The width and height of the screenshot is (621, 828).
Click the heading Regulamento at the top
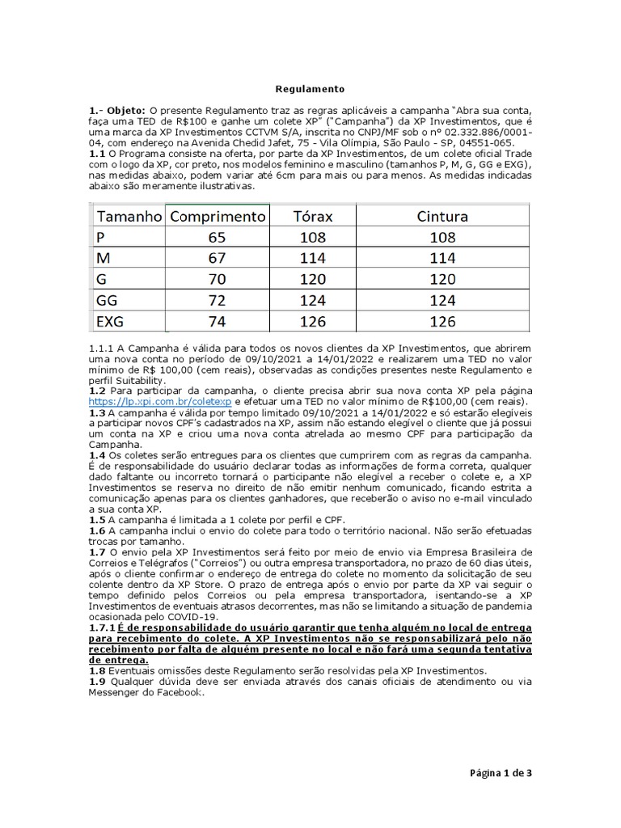(310, 89)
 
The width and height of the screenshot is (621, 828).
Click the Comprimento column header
(218, 217)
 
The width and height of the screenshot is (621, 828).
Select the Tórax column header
(312, 217)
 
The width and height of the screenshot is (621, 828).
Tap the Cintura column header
(442, 217)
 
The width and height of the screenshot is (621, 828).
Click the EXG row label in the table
(110, 321)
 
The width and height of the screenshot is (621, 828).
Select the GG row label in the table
(107, 300)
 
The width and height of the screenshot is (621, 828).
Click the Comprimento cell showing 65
(217, 238)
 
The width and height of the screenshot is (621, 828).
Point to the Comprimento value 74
(217, 321)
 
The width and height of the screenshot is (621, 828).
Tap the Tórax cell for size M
(312, 258)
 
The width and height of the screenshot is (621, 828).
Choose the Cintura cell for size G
(442, 279)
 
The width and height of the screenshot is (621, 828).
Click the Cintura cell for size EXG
(442, 321)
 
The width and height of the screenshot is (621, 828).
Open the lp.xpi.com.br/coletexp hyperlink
(161, 401)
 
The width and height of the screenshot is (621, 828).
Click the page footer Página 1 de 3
(501, 773)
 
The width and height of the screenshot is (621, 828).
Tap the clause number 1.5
(97, 520)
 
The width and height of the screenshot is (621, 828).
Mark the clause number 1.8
(97, 670)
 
